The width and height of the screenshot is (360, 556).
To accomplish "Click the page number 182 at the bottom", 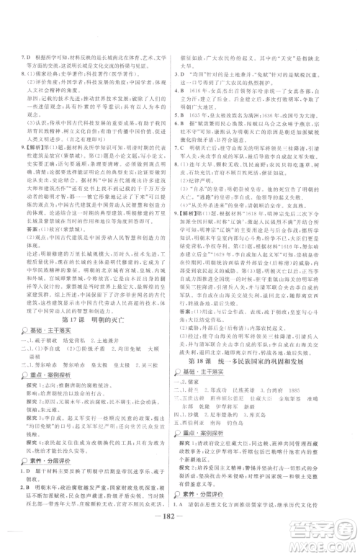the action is pos(180,537).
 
